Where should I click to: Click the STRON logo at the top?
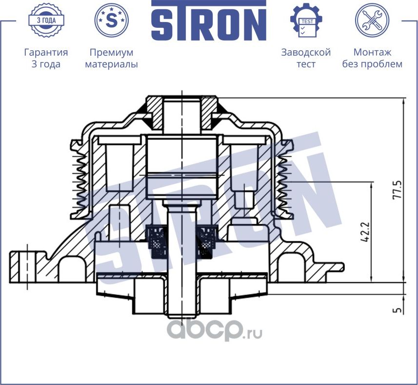[209, 21]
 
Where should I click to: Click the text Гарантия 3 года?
[45, 58]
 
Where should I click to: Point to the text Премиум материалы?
[112, 58]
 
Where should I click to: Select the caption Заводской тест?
[306, 58]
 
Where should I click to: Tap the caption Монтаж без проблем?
[372, 58]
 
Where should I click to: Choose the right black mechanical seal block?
[206, 241]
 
